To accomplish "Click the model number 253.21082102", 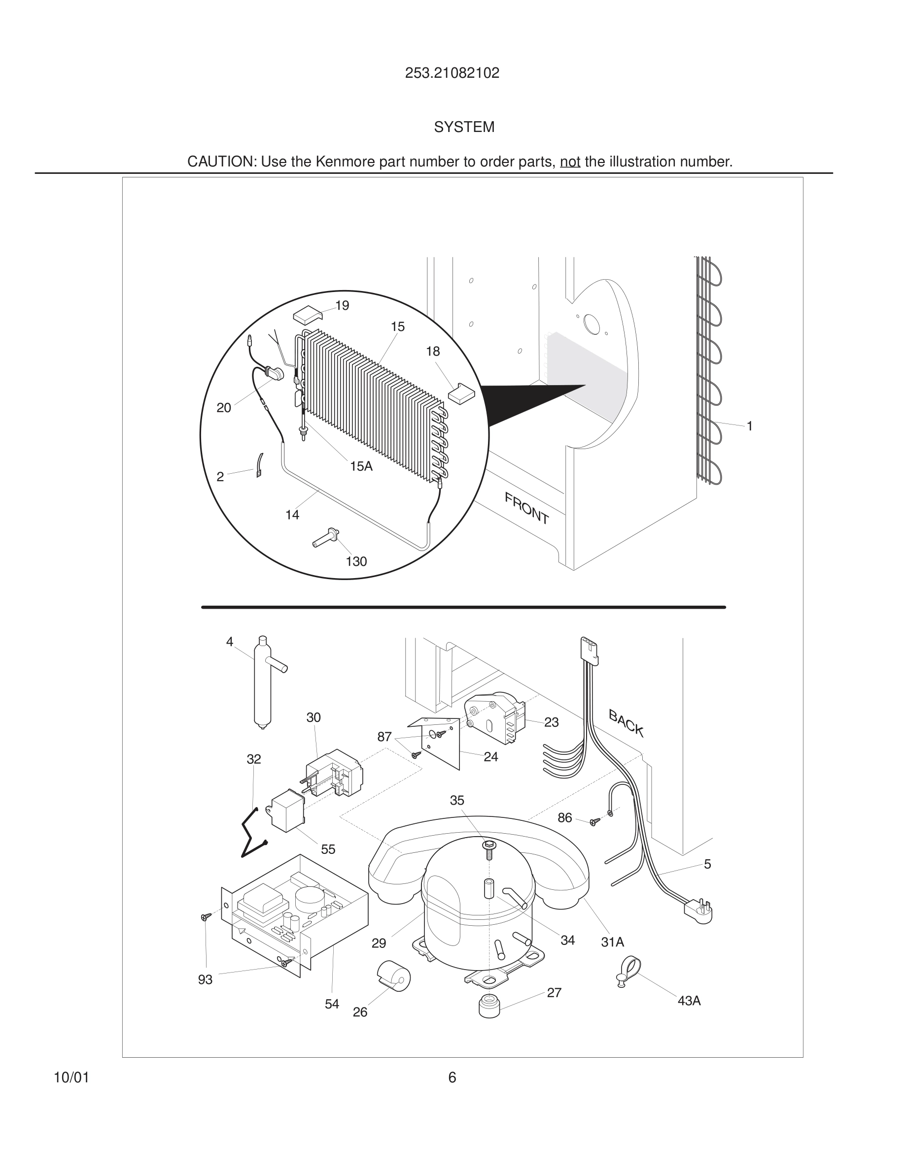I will (x=452, y=73).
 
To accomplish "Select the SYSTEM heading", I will (x=464, y=128).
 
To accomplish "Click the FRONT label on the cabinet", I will (x=526, y=508).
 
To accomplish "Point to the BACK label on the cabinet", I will (x=626, y=722).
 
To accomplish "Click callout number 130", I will (x=356, y=561).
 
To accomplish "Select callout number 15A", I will (x=361, y=466).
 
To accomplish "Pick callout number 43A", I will (x=689, y=1001).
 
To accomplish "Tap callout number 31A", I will (x=612, y=942).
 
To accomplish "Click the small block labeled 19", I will (x=307, y=315).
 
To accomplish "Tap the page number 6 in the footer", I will (x=452, y=1077).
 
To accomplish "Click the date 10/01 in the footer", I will (x=71, y=1077).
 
